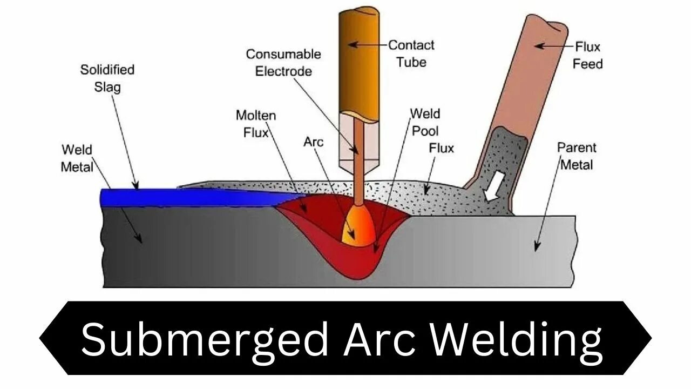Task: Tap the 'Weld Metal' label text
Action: [77, 158]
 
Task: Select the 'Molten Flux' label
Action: [255, 123]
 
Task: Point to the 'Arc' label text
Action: [313, 142]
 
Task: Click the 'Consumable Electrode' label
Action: [283, 62]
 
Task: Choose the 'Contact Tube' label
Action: [411, 53]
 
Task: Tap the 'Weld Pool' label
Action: [425, 122]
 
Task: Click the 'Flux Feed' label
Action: [587, 55]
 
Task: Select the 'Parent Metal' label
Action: [576, 156]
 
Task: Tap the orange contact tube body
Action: [358, 59]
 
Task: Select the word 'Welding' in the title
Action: [519, 339]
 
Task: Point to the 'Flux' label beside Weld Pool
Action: [441, 148]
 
